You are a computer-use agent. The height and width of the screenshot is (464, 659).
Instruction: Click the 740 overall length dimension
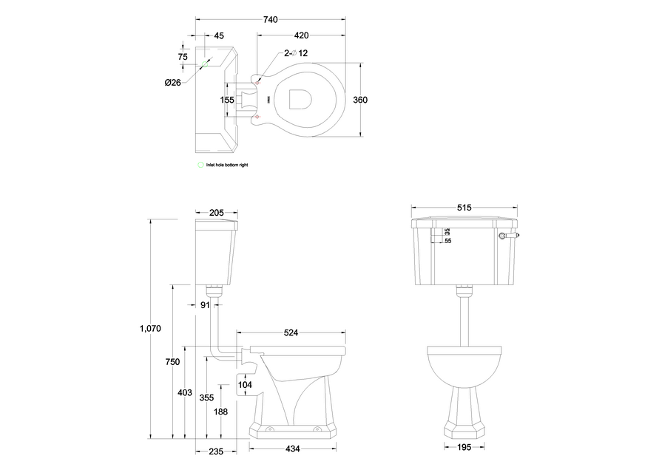click(x=270, y=20)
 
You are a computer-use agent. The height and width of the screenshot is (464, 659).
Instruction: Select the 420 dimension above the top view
click(x=301, y=35)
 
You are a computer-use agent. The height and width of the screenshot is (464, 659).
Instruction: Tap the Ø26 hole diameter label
click(x=172, y=82)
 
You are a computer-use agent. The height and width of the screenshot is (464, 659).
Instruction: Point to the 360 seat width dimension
click(x=360, y=100)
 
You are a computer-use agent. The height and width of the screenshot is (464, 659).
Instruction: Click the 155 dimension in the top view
click(x=226, y=100)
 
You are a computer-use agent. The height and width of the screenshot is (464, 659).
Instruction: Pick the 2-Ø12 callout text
click(x=296, y=53)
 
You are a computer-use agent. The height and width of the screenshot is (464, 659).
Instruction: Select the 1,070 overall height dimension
click(x=150, y=328)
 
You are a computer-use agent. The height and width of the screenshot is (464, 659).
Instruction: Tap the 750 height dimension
click(x=172, y=361)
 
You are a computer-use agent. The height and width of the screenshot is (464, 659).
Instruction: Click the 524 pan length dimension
click(x=291, y=333)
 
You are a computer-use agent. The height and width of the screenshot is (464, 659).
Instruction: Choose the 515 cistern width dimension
click(x=464, y=208)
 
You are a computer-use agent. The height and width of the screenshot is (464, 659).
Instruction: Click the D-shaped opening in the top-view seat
click(x=300, y=100)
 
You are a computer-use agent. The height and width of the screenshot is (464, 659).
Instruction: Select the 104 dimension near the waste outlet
click(x=246, y=385)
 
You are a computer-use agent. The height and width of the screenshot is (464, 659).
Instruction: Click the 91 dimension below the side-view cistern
click(x=206, y=304)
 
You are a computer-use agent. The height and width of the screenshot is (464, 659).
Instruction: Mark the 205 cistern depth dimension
click(x=217, y=213)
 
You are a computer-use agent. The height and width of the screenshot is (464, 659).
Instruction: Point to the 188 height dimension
click(x=220, y=412)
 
